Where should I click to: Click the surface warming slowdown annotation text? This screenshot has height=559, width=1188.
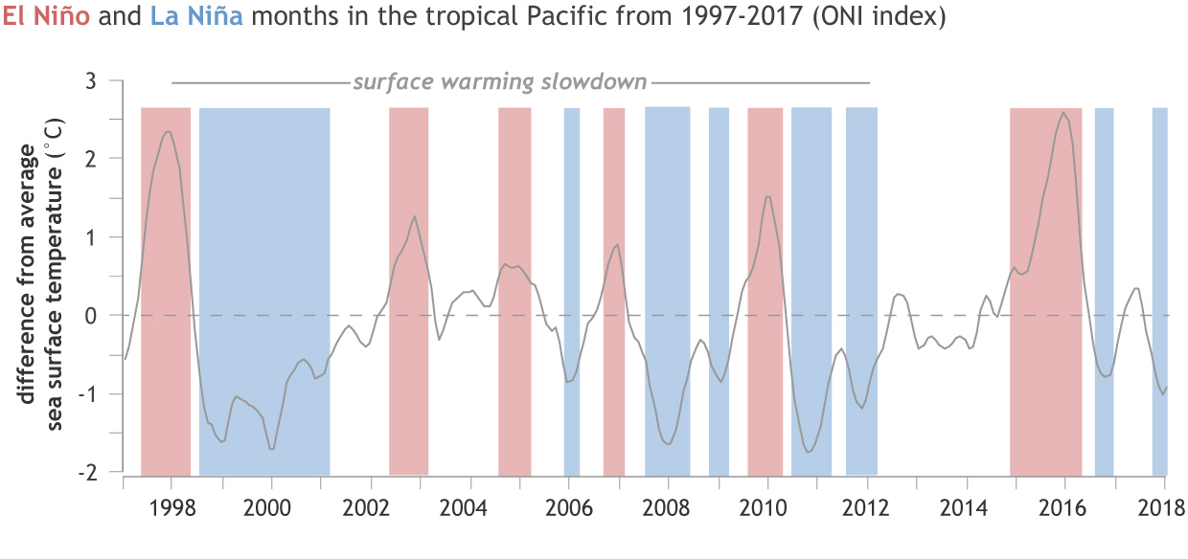[x=500, y=81]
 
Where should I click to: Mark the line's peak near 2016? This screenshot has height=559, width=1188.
[x=1064, y=113]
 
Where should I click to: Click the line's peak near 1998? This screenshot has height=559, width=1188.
[x=168, y=132]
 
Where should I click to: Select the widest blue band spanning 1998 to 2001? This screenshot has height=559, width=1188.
[x=264, y=287]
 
